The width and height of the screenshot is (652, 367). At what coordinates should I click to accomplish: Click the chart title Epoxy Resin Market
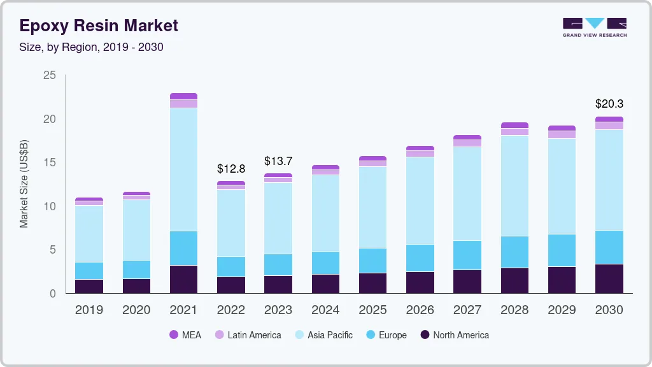99,25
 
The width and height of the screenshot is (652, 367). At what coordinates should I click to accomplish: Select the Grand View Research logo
594,27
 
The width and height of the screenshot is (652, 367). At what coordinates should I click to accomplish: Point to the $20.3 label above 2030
609,103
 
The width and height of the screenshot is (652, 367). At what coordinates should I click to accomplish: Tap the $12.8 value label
230,169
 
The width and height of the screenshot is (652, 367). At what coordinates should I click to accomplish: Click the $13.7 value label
278,161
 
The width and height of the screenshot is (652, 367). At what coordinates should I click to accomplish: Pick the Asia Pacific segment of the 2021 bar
183,169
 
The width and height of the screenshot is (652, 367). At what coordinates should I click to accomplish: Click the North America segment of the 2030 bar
609,278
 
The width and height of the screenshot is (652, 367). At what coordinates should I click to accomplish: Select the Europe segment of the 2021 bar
183,248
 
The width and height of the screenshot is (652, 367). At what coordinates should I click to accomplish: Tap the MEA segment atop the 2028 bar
514,126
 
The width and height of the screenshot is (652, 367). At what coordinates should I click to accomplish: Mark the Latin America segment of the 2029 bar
562,134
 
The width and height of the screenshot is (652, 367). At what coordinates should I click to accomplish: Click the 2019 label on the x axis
89,310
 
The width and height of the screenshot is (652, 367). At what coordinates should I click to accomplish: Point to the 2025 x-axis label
372,310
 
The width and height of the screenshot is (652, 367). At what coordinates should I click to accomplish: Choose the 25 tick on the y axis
49,76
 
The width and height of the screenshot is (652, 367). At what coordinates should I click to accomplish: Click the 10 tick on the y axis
49,206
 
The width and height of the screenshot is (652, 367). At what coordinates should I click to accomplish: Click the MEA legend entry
185,335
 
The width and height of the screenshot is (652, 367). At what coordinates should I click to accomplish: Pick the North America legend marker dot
425,335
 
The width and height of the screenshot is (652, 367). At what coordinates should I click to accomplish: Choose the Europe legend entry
386,335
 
